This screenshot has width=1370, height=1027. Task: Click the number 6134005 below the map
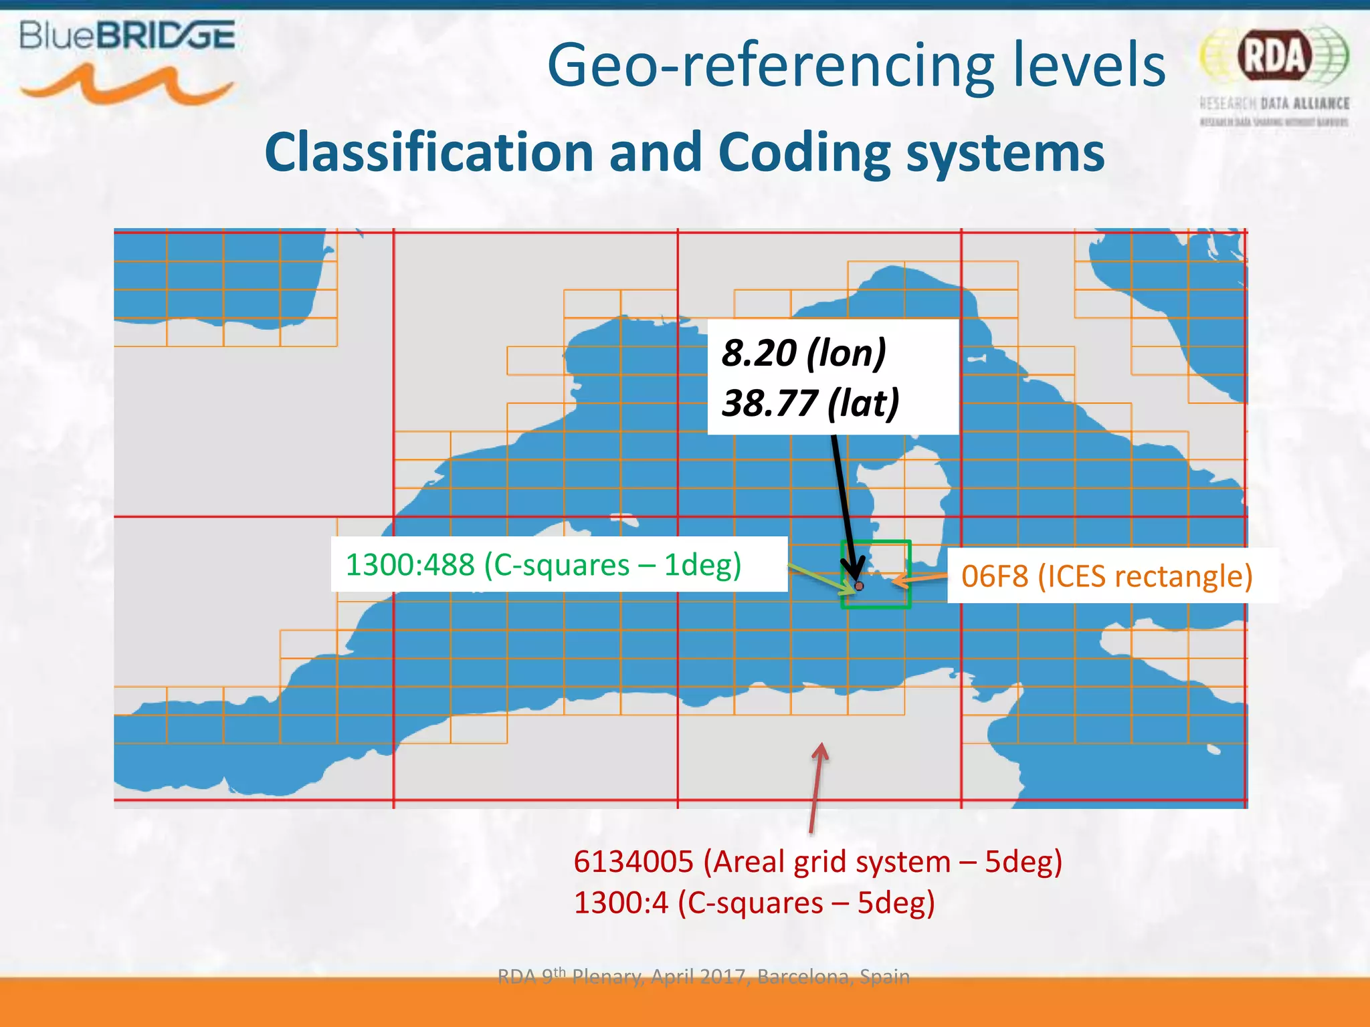633,862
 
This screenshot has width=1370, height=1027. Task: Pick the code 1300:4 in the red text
621,903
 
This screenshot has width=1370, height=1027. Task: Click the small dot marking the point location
860,586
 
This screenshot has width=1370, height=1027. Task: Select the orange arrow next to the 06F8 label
919,578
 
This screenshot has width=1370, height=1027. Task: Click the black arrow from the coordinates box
844,501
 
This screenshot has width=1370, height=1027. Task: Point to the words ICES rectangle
1145,576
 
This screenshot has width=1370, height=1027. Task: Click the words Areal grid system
827,862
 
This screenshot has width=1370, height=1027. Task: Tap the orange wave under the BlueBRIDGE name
127,85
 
